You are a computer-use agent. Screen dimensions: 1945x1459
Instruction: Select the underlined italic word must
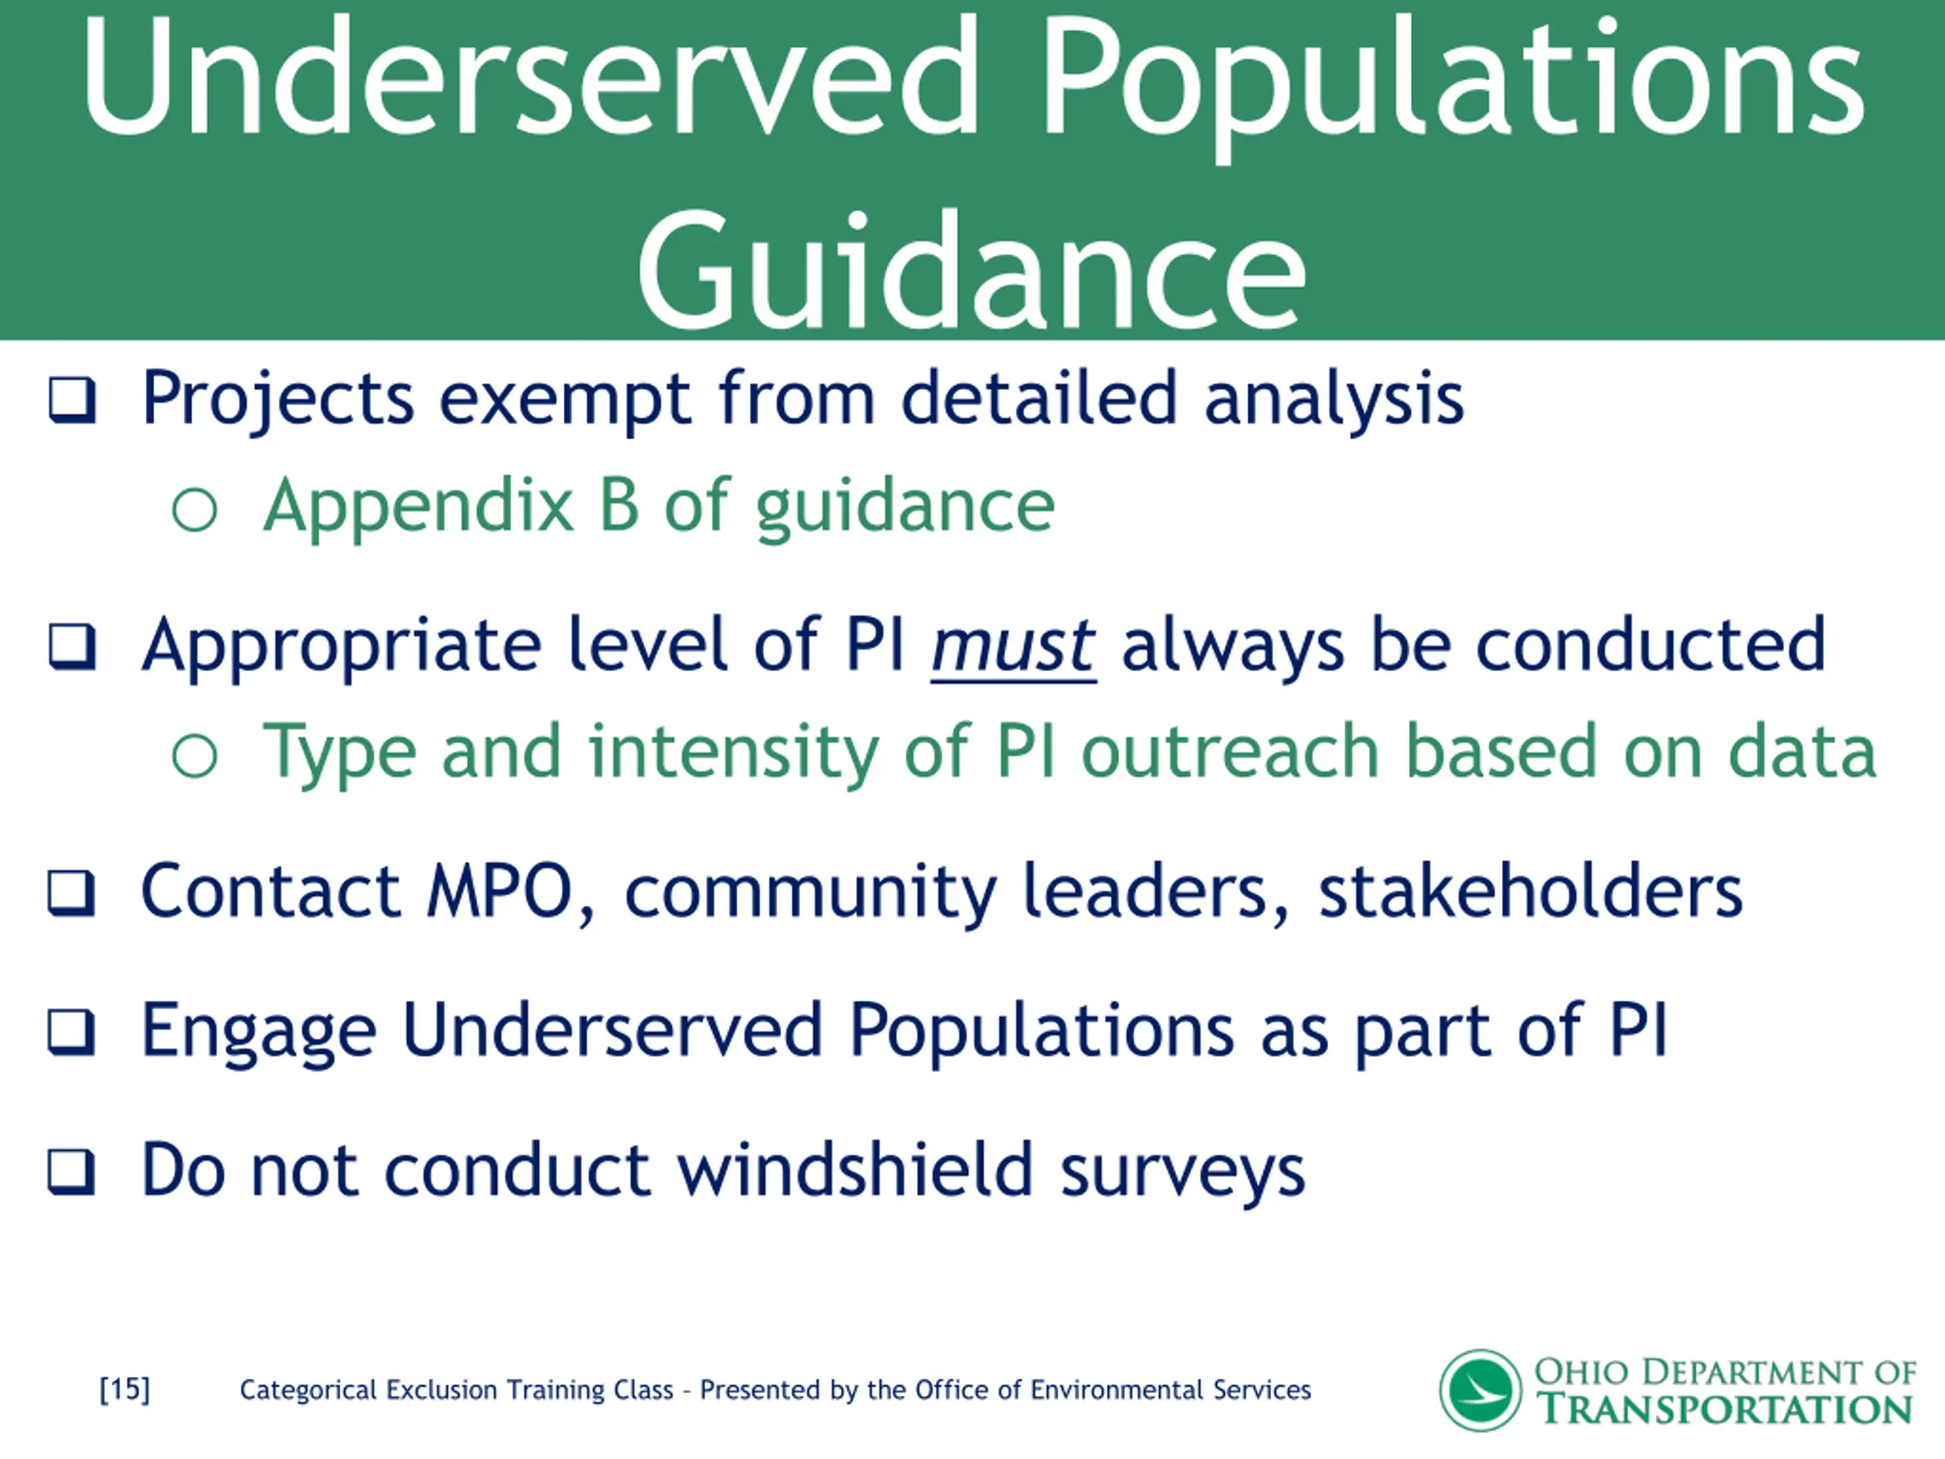pyautogui.click(x=1013, y=647)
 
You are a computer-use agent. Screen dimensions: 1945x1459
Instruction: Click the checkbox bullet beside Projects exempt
pyautogui.click(x=71, y=401)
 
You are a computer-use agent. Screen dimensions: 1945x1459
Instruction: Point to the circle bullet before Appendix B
pyautogui.click(x=194, y=509)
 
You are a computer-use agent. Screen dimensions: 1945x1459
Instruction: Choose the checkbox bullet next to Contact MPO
pyautogui.click(x=71, y=894)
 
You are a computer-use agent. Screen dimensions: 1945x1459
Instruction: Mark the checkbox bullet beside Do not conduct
pyautogui.click(x=71, y=1173)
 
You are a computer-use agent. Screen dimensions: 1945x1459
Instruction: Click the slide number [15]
pyautogui.click(x=125, y=1390)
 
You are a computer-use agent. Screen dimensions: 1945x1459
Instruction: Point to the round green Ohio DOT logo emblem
pyautogui.click(x=1480, y=1391)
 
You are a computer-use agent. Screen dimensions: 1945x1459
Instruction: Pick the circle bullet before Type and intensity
pyautogui.click(x=194, y=755)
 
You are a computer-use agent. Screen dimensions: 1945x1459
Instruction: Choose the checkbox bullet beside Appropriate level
pyautogui.click(x=71, y=647)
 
